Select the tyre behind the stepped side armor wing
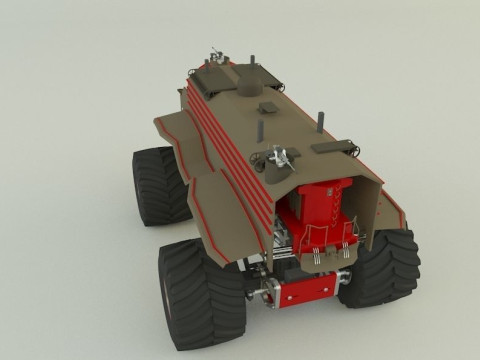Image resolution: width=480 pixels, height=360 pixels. [159, 185]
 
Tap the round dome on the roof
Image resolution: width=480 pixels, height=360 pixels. [250, 75]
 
